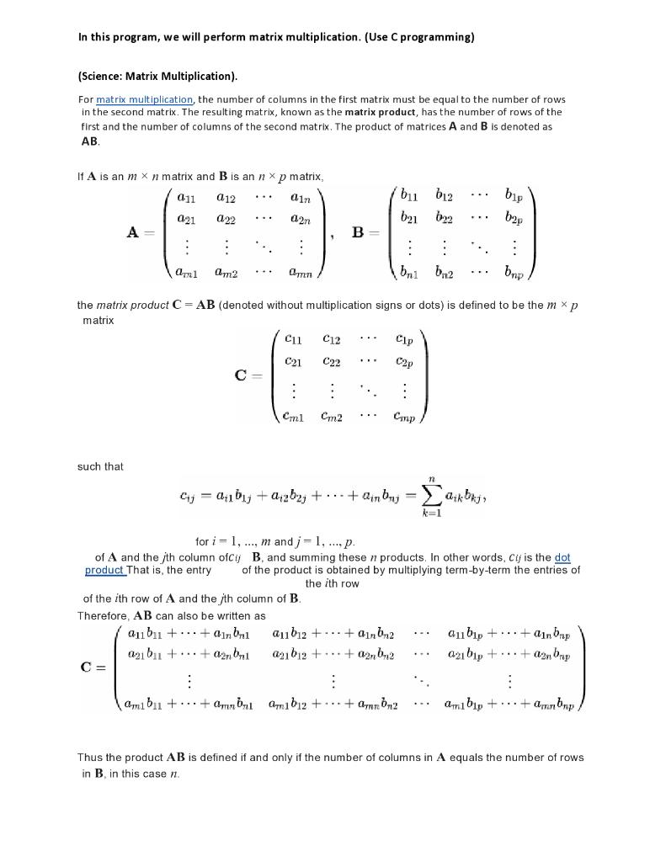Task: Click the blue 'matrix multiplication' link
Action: click(144, 99)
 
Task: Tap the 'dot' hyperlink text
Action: click(562, 557)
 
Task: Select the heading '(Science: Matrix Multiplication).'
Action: click(157, 76)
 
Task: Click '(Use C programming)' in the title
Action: click(419, 37)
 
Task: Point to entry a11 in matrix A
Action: click(187, 198)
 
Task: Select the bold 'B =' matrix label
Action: click(365, 232)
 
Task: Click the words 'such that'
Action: click(100, 466)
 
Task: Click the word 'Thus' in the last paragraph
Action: click(90, 757)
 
